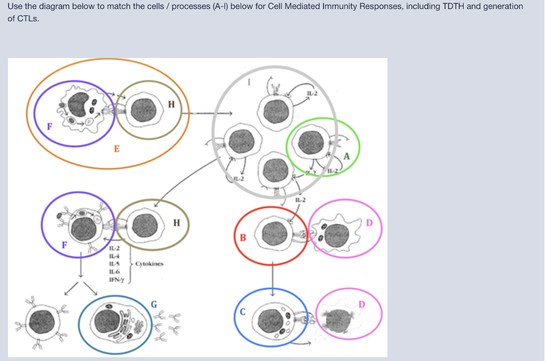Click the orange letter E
[117, 149]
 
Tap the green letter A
[347, 157]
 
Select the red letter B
[243, 236]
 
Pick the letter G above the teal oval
[153, 305]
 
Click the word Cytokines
[149, 264]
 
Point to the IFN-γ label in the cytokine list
[115, 280]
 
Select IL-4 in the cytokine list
[114, 257]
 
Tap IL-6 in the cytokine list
[114, 272]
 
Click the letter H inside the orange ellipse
[170, 104]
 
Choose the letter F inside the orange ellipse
[49, 127]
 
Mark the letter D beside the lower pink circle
[362, 304]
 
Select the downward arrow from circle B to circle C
[272, 277]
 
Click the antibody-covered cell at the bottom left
[43, 323]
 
